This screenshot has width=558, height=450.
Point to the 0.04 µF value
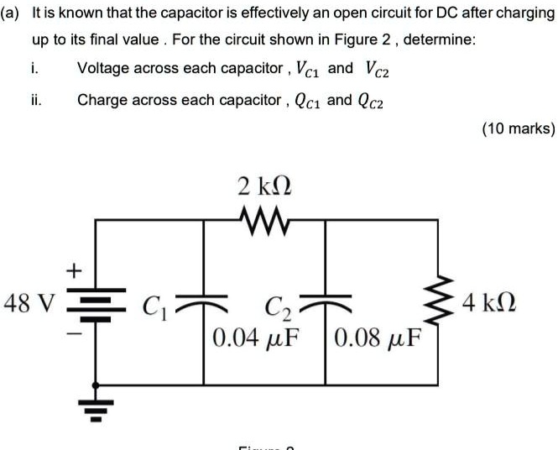pyautogui.click(x=257, y=340)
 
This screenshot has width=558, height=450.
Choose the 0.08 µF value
pyautogui.click(x=377, y=340)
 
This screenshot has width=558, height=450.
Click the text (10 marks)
pyautogui.click(x=517, y=128)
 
